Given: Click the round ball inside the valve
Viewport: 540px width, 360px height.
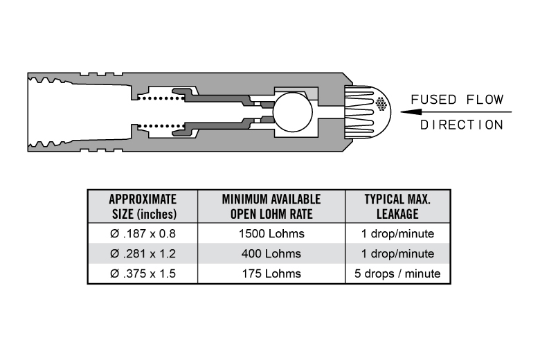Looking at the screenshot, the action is pyautogui.click(x=293, y=112).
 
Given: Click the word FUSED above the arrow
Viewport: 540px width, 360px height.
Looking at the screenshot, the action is pyautogui.click(x=433, y=100).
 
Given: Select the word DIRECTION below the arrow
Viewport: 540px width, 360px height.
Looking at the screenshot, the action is pyautogui.click(x=462, y=125).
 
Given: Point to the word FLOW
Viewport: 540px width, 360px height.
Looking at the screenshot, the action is pyautogui.click(x=485, y=100).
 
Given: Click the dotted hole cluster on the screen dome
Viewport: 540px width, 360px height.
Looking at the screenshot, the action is pyautogui.click(x=381, y=104).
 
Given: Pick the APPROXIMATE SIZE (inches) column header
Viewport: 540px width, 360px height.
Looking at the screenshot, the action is pyautogui.click(x=143, y=206).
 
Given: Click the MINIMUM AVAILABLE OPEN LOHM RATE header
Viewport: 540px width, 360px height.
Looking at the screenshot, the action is pyautogui.click(x=271, y=206).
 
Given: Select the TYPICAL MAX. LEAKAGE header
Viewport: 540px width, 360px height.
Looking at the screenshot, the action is pyautogui.click(x=397, y=206).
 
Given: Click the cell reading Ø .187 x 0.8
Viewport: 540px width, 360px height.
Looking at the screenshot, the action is pyautogui.click(x=143, y=233).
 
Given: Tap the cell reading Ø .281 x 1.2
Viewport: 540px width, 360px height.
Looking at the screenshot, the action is pyautogui.click(x=143, y=253).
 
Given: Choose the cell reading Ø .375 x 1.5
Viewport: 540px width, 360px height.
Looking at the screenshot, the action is pyautogui.click(x=143, y=273).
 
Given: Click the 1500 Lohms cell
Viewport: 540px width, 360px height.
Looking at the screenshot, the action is pyautogui.click(x=271, y=233).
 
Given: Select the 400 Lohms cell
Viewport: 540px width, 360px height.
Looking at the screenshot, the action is pyautogui.click(x=271, y=253).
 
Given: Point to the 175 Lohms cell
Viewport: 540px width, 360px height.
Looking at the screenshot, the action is pyautogui.click(x=271, y=273).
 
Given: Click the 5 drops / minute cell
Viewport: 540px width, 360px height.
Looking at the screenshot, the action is pyautogui.click(x=397, y=273).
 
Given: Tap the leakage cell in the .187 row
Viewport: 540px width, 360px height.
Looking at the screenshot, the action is pyautogui.click(x=397, y=233).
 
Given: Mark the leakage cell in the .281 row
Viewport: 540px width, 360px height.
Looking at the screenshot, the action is pyautogui.click(x=397, y=253).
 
